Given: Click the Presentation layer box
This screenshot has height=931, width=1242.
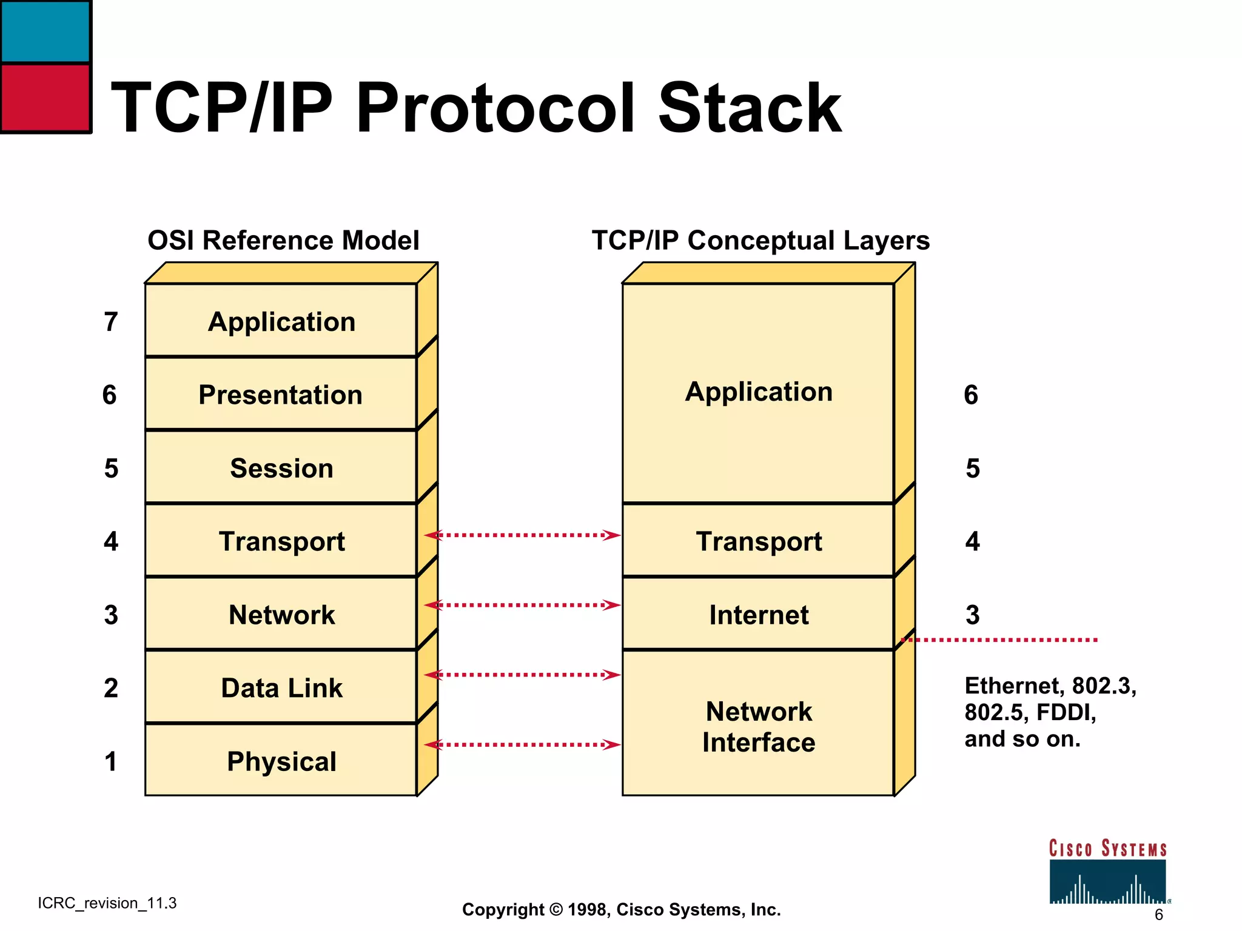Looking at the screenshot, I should coord(281,395).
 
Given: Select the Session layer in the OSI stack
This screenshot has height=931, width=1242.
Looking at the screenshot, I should coord(281,468).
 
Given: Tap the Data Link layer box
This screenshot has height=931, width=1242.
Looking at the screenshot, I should coord(281,688).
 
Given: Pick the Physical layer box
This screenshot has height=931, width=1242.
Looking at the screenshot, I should coord(281,761).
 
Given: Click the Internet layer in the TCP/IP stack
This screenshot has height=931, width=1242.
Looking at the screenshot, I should coord(758,614).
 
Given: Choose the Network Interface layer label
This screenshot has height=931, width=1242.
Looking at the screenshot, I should coord(758,726).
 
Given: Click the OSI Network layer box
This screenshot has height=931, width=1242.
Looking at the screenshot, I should coord(281,614).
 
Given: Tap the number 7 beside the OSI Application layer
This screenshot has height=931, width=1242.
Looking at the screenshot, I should coord(110,322).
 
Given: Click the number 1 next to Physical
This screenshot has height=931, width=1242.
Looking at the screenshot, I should coord(110,761).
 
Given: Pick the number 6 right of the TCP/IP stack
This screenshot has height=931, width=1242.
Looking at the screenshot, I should coord(971,395).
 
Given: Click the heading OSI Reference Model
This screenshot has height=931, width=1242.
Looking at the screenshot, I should coord(283,241).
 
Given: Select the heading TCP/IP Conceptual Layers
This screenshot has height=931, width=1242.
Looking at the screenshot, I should coord(760,241).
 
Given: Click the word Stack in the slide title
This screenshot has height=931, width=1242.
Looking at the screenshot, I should coord(750,108).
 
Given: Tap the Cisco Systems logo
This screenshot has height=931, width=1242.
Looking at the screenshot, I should coord(1107,873).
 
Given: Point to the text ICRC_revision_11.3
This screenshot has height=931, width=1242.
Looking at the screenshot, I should coord(107,903).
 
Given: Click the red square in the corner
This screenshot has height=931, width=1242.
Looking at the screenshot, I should coord(45,97).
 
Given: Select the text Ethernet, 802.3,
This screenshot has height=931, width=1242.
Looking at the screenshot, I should coord(1050,686).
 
